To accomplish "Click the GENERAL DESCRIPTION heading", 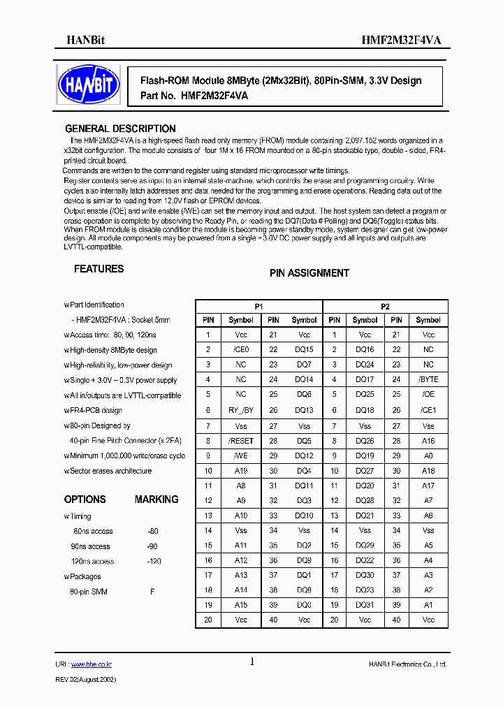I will [120, 129].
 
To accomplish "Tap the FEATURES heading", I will [99, 269].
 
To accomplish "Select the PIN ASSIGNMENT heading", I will [309, 273].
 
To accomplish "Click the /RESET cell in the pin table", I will [241, 441].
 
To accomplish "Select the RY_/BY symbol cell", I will [241, 411].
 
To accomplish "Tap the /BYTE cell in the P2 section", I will [428, 380].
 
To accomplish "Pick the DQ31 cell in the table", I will [365, 604].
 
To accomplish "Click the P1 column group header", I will [258, 306].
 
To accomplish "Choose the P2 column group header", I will [385, 306].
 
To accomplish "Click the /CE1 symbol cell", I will [428, 411].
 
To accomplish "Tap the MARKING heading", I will [156, 500].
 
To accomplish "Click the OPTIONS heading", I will [85, 500].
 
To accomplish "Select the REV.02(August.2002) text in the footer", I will [86, 679].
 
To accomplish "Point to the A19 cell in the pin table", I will [241, 471].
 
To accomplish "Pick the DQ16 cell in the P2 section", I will [365, 350].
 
